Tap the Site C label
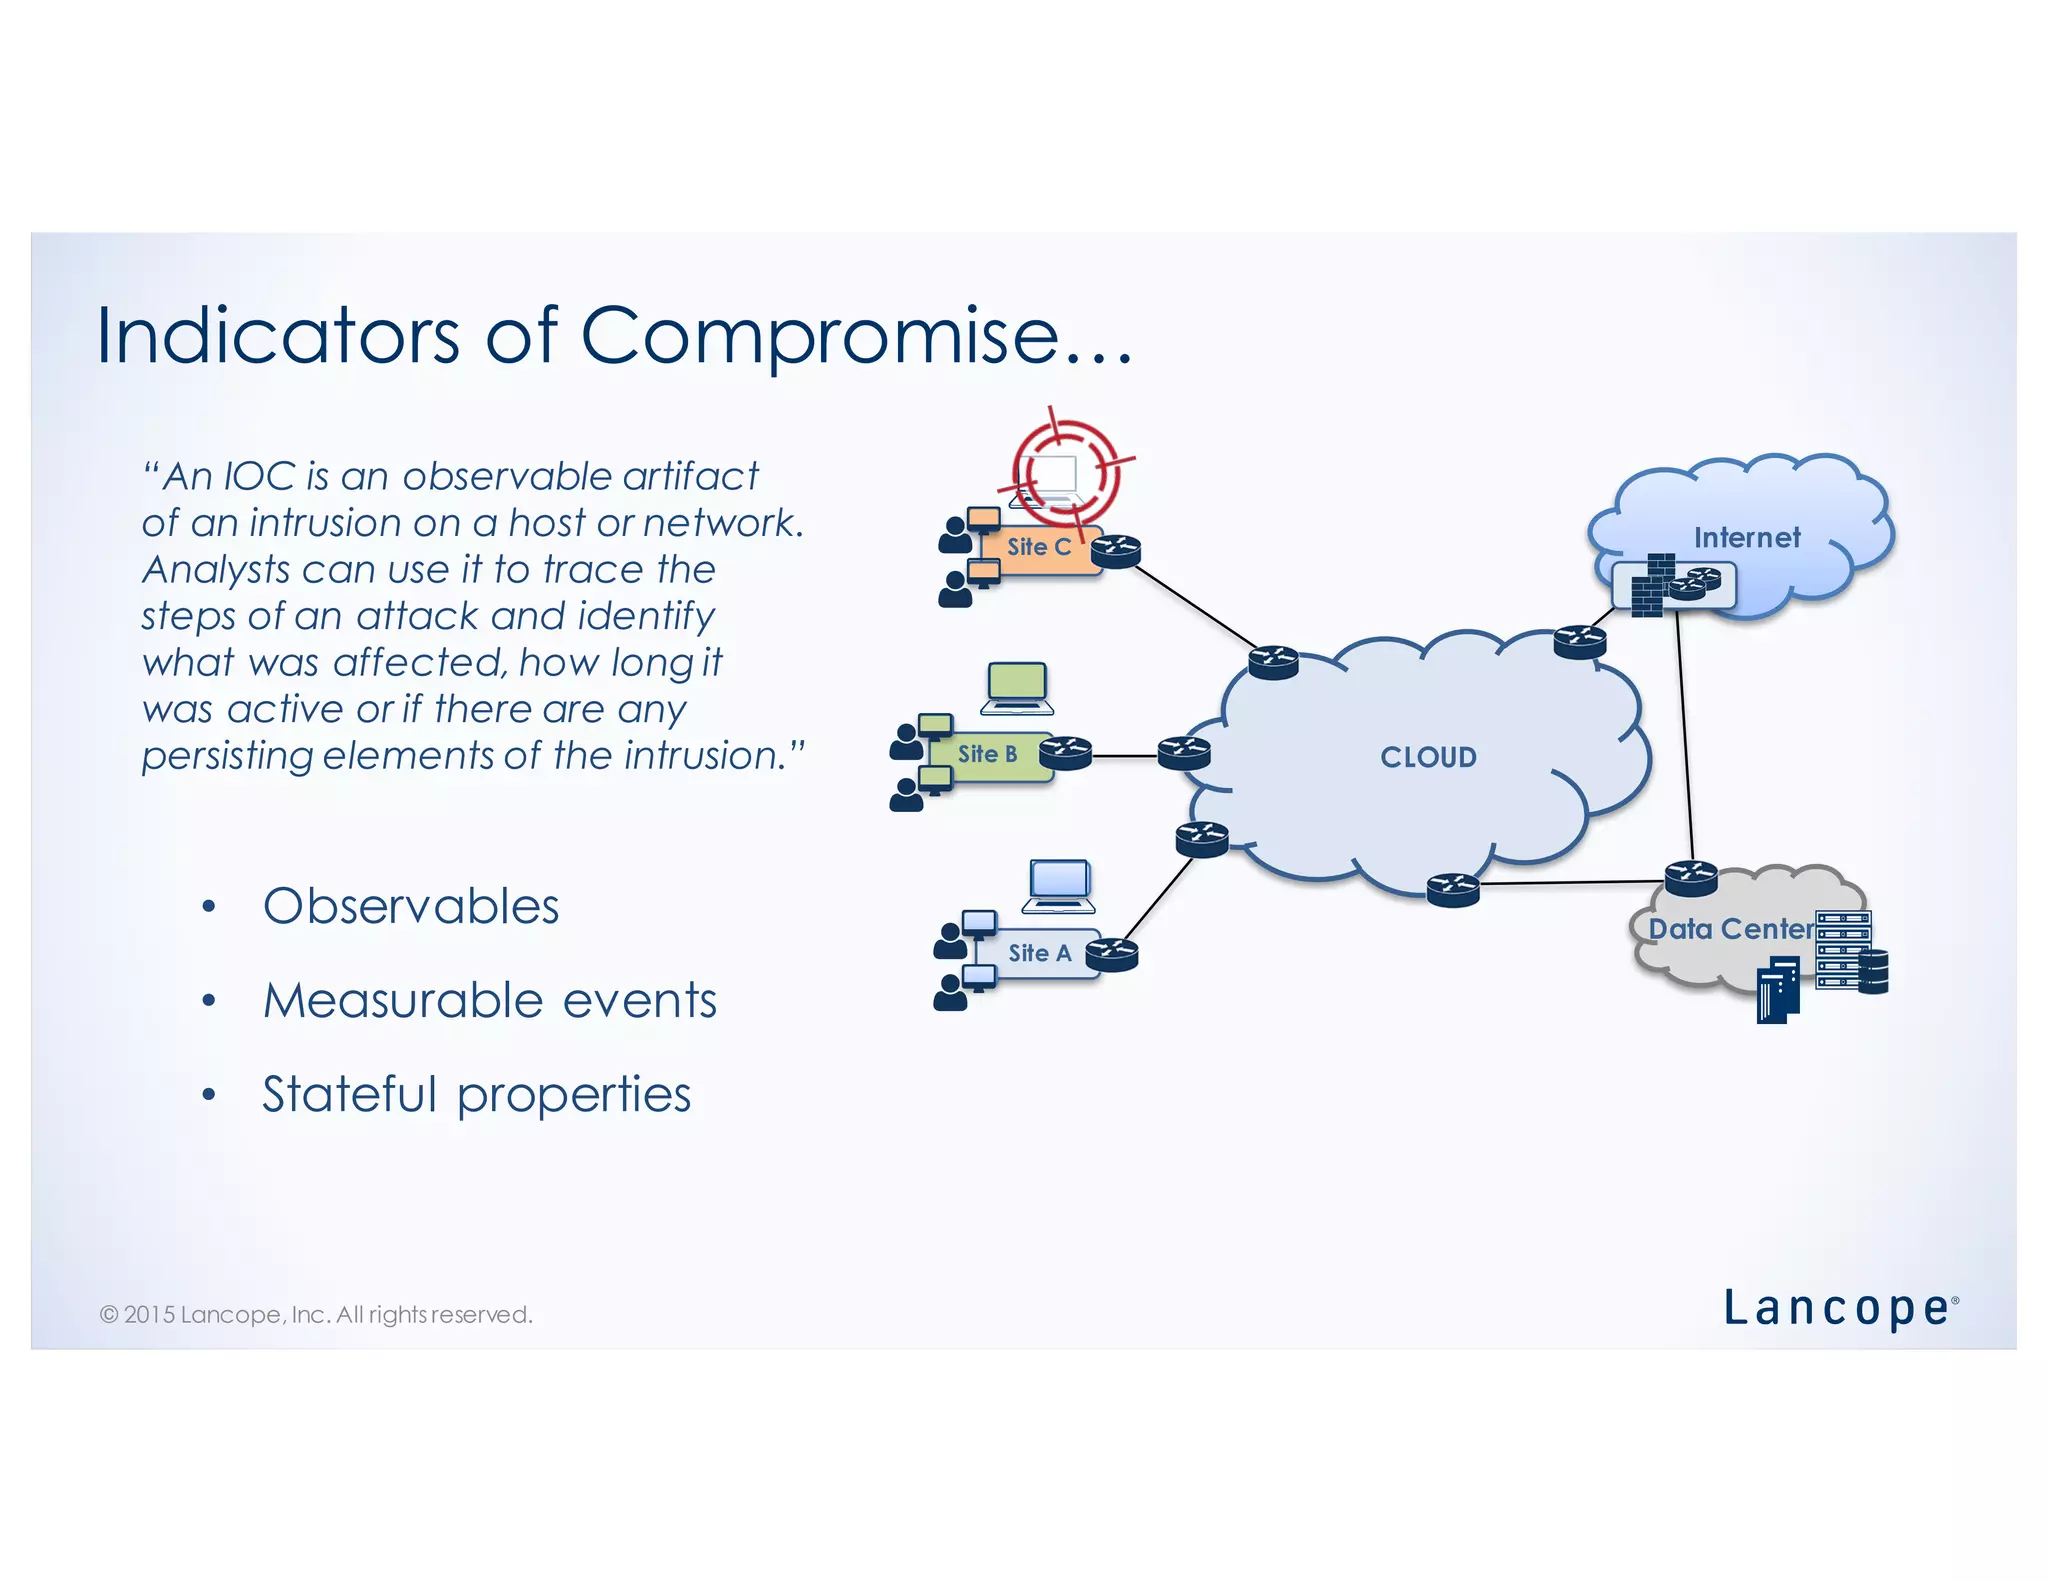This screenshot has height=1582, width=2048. [1038, 547]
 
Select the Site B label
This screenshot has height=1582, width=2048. [987, 754]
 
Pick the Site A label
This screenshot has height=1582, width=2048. [1039, 953]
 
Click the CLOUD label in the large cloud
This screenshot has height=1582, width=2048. [1428, 757]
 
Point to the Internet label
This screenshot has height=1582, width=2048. [1746, 538]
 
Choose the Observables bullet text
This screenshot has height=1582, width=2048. [410, 907]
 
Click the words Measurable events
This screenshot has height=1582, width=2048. [490, 1001]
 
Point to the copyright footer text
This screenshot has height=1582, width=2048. [316, 1314]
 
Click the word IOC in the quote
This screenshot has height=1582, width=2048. [259, 477]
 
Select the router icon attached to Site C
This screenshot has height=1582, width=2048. [1116, 551]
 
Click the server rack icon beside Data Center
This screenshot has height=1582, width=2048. [1842, 950]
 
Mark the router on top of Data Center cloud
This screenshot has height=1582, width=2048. [1691, 878]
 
